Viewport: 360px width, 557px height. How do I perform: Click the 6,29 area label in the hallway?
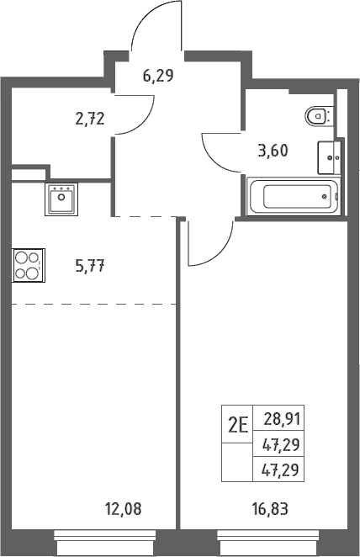click(x=158, y=76)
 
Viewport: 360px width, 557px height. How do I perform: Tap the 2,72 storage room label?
click(x=90, y=119)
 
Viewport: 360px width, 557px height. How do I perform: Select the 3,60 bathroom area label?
click(x=273, y=151)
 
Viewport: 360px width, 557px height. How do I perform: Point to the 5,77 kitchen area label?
click(x=90, y=266)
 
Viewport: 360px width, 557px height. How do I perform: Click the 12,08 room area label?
click(x=123, y=509)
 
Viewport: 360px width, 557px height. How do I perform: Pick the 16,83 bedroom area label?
click(x=270, y=509)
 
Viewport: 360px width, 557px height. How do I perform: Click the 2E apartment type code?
click(x=237, y=425)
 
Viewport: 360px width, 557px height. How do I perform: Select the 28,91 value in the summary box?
click(x=283, y=419)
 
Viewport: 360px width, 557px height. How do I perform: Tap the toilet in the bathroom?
click(x=319, y=115)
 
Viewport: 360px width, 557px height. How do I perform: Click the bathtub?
click(x=294, y=196)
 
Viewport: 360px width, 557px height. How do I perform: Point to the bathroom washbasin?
click(x=329, y=157)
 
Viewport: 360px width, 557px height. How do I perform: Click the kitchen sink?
click(x=61, y=199)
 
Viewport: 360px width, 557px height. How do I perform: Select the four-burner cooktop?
click(x=29, y=265)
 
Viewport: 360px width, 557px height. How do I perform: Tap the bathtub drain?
click(x=324, y=196)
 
